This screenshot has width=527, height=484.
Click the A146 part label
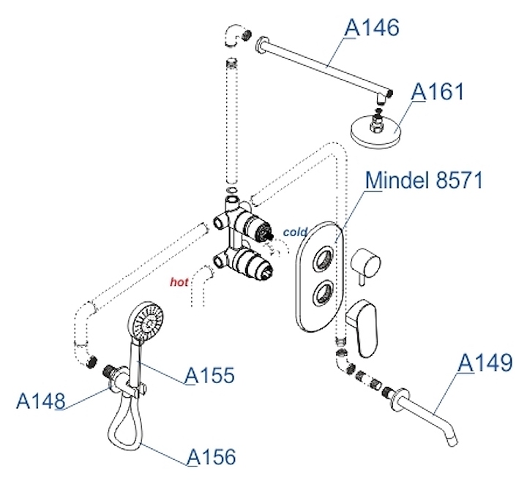tap(372, 28)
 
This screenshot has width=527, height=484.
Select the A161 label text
tap(438, 91)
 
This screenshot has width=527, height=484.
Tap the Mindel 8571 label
tap(424, 181)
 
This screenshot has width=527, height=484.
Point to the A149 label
tap(485, 363)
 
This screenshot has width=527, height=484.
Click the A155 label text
tap(210, 375)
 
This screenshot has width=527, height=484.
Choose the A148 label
tap(41, 401)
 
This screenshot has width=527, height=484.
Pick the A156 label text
tap(211, 457)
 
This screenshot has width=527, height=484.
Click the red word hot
tap(179, 282)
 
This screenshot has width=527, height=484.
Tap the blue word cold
tap(295, 232)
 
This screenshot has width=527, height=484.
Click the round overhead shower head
tap(375, 132)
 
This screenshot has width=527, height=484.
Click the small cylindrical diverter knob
tap(366, 263)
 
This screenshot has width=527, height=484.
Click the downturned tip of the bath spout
tap(453, 440)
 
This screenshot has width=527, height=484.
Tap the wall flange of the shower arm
tap(261, 45)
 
